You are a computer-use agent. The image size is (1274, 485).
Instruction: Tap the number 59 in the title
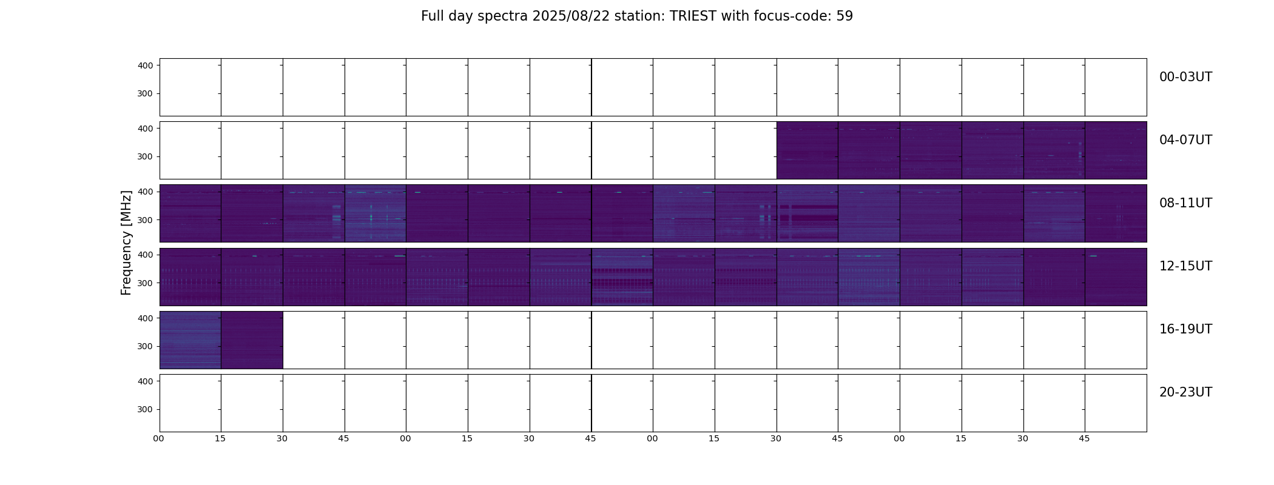coord(844,16)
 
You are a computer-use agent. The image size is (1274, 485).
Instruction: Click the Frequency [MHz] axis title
coord(126,242)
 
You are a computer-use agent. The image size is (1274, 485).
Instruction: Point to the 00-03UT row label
coord(1185,77)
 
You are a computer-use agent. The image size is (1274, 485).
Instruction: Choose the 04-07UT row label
coord(1185,140)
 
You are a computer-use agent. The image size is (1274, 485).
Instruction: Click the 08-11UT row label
coord(1185,203)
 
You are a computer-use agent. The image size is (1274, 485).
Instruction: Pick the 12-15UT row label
coord(1185,266)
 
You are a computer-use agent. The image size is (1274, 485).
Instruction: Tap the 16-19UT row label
coord(1185,329)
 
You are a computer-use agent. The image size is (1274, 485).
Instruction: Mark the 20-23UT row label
coord(1185,392)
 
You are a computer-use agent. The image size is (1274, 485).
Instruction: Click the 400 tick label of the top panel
coord(145,65)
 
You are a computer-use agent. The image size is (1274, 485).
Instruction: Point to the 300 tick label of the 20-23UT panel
coord(145,410)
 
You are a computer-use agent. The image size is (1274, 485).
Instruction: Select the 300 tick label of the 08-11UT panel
coord(145,220)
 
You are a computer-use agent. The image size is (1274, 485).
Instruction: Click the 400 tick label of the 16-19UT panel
coord(145,318)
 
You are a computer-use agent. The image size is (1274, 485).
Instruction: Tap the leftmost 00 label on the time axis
coord(159,439)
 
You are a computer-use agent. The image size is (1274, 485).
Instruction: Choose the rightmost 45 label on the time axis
coord(1084,439)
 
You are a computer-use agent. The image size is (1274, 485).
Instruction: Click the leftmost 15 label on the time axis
coord(220,439)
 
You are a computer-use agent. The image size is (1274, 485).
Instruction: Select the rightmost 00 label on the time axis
coord(899,439)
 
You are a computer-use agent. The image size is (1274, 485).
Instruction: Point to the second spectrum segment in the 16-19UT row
coord(252,340)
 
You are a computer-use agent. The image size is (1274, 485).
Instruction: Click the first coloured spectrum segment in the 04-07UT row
coord(807,150)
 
